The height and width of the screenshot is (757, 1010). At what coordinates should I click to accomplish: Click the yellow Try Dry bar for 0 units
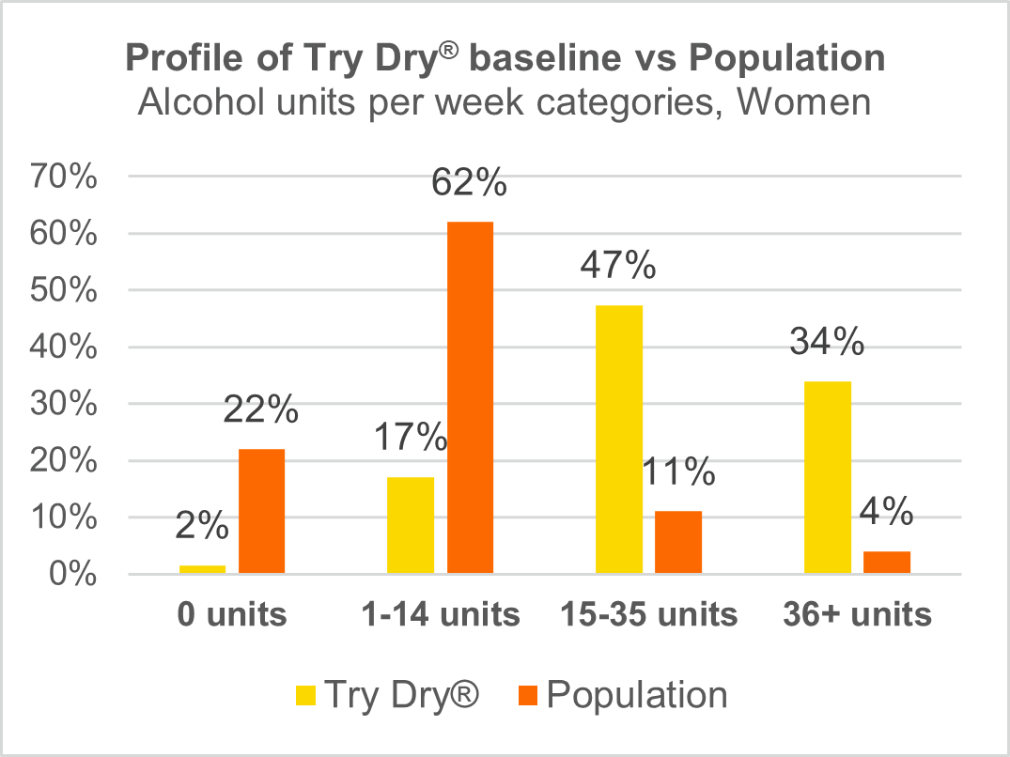pyautogui.click(x=203, y=569)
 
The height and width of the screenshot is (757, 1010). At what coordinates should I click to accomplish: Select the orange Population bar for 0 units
pyautogui.click(x=261, y=511)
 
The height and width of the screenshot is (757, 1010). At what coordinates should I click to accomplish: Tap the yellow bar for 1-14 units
pyautogui.click(x=411, y=525)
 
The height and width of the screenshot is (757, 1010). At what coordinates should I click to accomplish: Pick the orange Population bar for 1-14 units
pyautogui.click(x=470, y=397)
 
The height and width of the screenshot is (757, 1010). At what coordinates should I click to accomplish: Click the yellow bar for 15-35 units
pyautogui.click(x=619, y=439)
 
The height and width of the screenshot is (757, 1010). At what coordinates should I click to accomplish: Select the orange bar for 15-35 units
pyautogui.click(x=678, y=542)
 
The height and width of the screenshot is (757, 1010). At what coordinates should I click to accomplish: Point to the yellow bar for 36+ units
pyautogui.click(x=828, y=476)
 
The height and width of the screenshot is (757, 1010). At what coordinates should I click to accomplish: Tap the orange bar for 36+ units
pyautogui.click(x=887, y=562)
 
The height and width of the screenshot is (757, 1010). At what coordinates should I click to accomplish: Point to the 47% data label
pyautogui.click(x=618, y=267)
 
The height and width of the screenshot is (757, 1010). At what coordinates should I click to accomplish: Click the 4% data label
pyautogui.click(x=886, y=513)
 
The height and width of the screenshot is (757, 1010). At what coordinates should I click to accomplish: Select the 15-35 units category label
pyautogui.click(x=648, y=615)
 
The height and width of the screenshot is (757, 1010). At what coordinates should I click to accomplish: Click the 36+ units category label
pyautogui.click(x=857, y=615)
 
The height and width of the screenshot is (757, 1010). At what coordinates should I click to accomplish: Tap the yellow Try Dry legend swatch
pyautogui.click(x=306, y=696)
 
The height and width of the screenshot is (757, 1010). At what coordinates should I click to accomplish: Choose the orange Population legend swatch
pyautogui.click(x=526, y=696)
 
